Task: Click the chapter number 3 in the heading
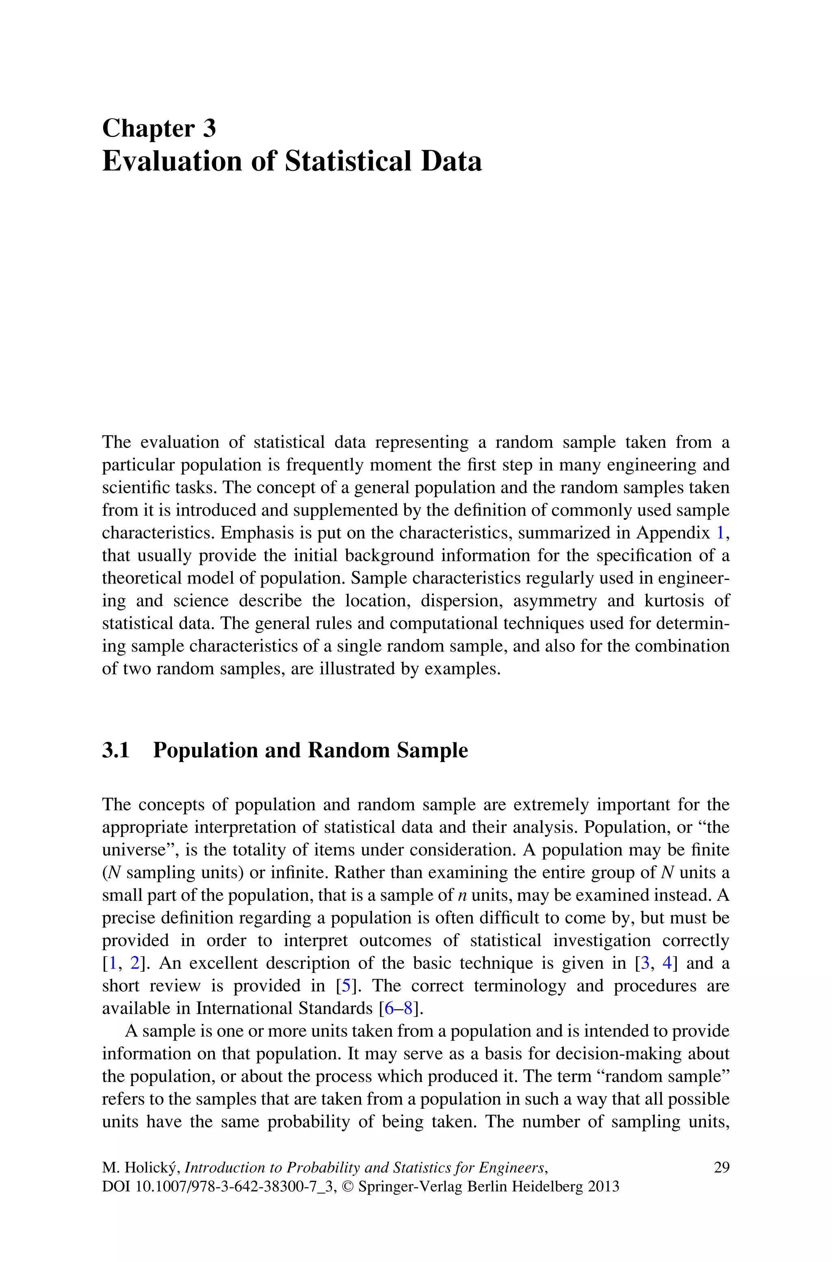point(209,128)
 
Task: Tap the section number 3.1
point(116,750)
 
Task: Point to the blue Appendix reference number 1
point(720,532)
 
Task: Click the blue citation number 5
point(346,986)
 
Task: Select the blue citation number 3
point(645,963)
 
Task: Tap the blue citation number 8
point(409,1008)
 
